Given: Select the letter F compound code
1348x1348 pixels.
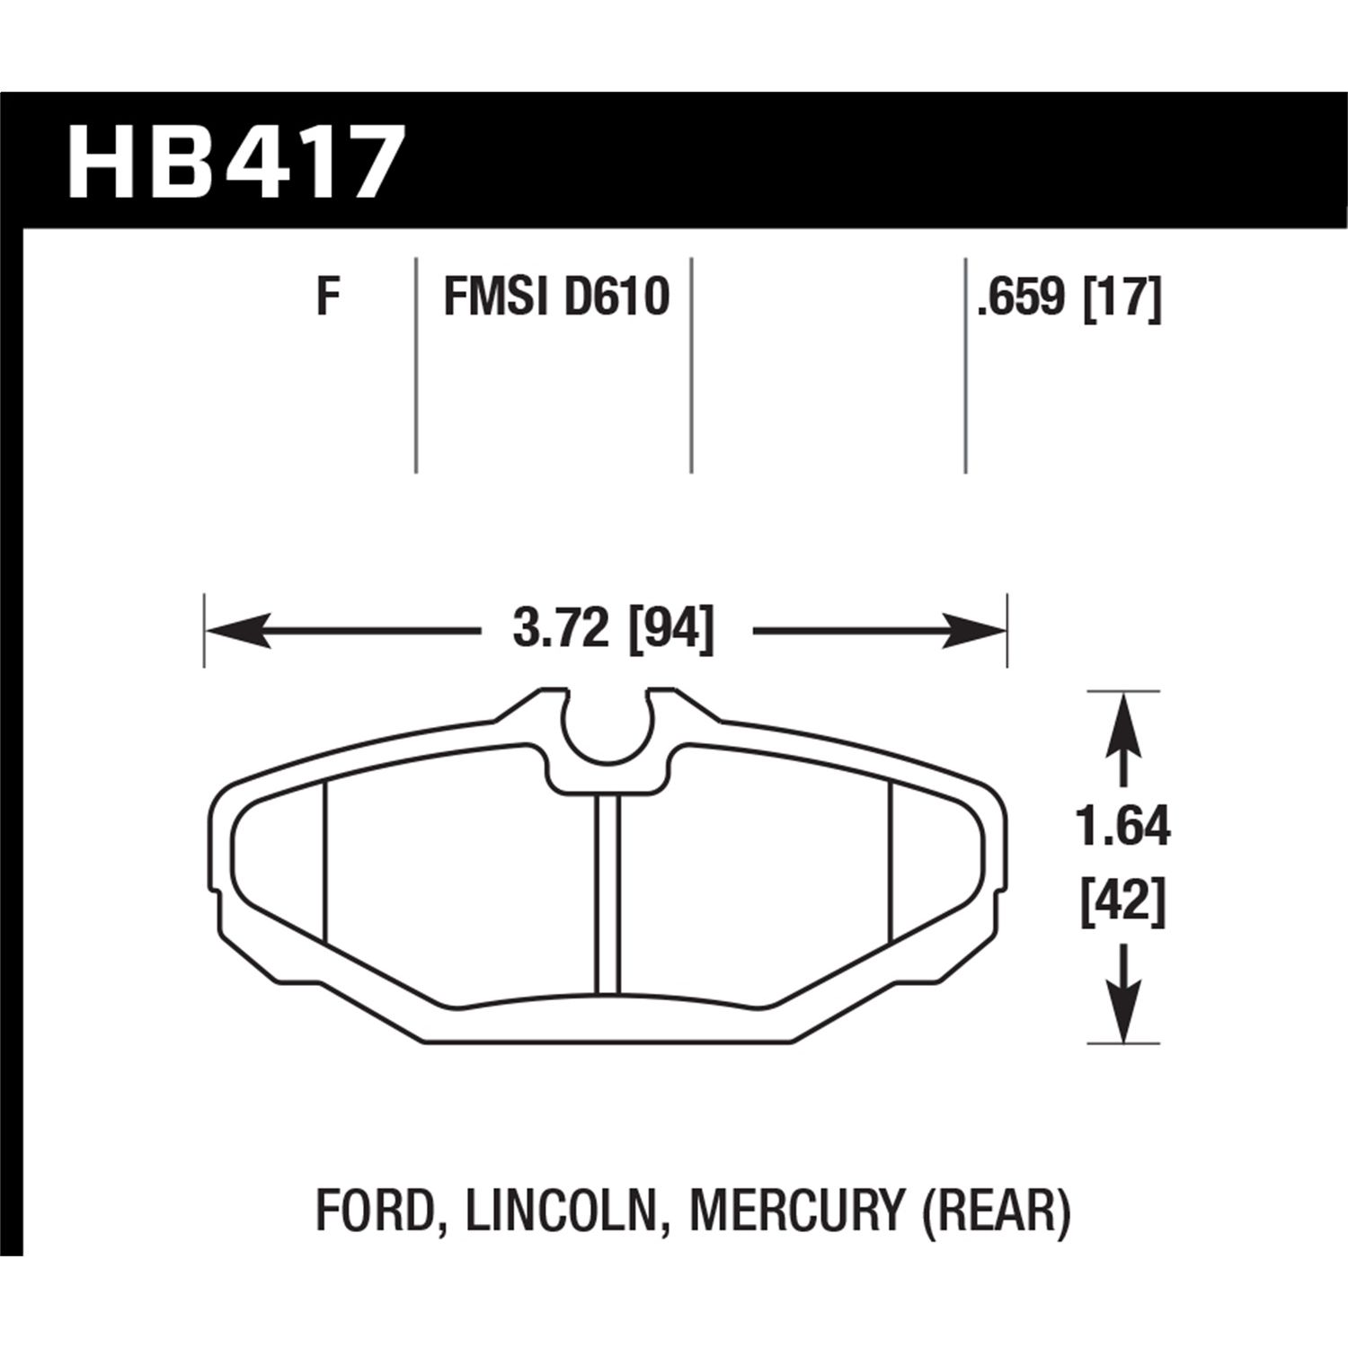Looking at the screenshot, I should tap(330, 297).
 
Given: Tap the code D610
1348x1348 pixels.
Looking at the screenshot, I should tap(616, 297).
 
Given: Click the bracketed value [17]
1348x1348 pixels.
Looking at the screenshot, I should tap(1123, 297).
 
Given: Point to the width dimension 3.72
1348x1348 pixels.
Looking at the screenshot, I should tap(560, 630).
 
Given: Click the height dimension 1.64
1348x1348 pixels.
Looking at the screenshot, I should tap(1123, 829).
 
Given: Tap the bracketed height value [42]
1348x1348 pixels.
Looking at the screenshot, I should tap(1123, 901).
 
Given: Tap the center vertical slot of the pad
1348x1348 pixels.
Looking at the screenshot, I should tap(608, 890).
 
